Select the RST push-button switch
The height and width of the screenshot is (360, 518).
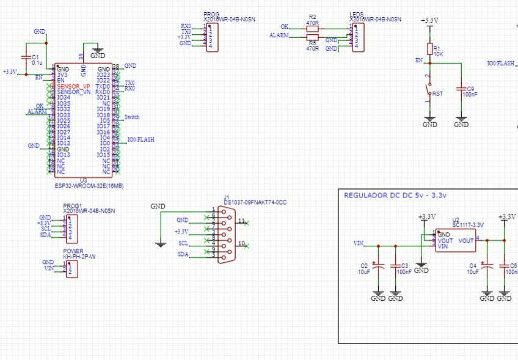click(429, 93)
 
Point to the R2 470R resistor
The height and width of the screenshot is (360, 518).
click(312, 28)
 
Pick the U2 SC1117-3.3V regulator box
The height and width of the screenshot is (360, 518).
click(455, 241)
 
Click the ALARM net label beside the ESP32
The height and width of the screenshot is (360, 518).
click(37, 112)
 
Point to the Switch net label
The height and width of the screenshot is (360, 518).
click(131, 117)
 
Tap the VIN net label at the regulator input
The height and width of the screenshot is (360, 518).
click(359, 243)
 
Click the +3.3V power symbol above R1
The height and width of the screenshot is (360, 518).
click(429, 21)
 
